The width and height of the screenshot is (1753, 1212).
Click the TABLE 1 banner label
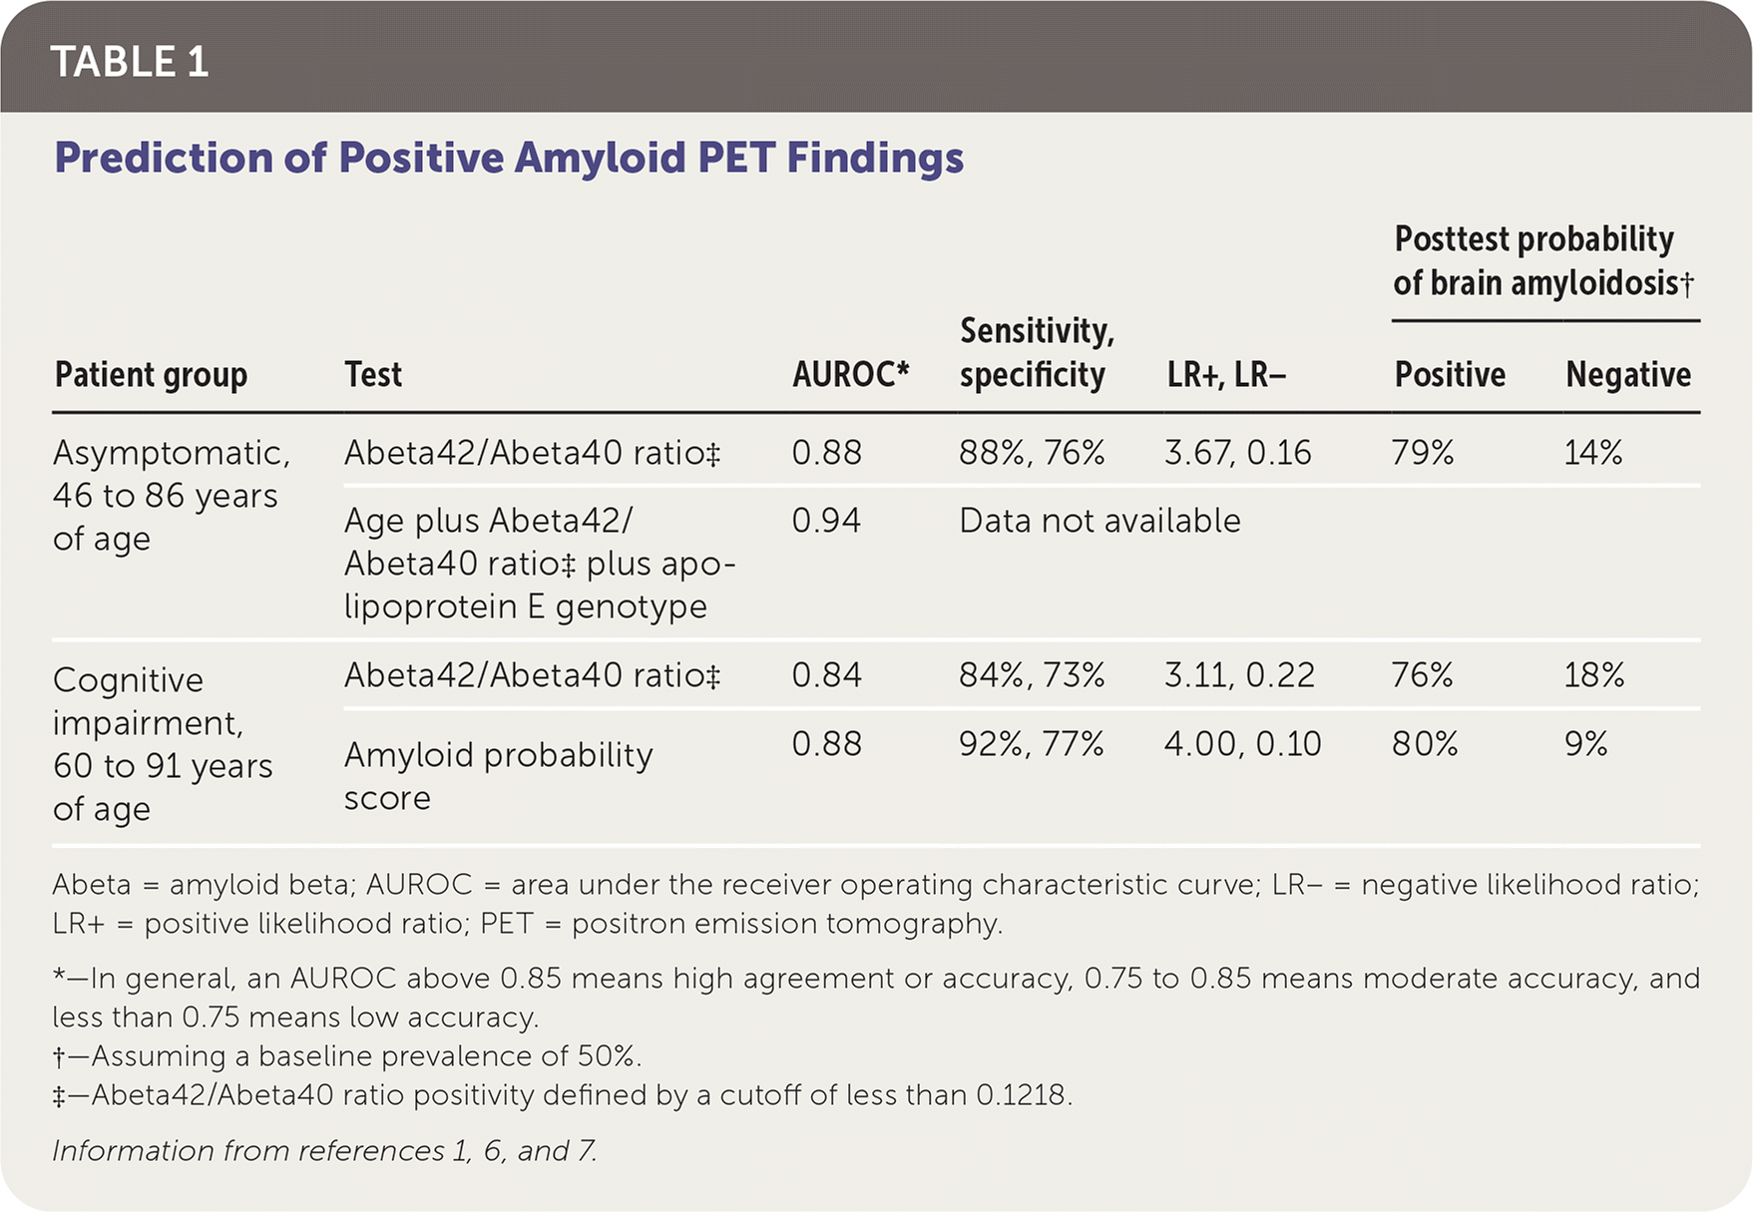pyautogui.click(x=130, y=62)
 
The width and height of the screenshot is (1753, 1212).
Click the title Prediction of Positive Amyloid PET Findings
pyautogui.click(x=509, y=158)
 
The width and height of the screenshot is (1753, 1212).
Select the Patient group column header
pyautogui.click(x=151, y=375)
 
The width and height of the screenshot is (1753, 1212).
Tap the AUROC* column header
pyautogui.click(x=850, y=375)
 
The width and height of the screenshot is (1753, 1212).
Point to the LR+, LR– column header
pyautogui.click(x=1226, y=375)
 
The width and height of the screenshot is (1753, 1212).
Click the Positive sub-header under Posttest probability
pyautogui.click(x=1450, y=375)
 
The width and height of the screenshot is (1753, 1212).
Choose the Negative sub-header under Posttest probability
pyautogui.click(x=1627, y=375)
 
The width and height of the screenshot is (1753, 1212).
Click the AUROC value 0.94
pyautogui.click(x=826, y=521)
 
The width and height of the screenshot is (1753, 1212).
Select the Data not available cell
pyautogui.click(x=1099, y=521)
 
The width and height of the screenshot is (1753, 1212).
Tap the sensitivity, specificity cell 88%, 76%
pyautogui.click(x=1032, y=453)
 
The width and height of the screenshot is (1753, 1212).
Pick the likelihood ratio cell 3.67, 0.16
pyautogui.click(x=1237, y=453)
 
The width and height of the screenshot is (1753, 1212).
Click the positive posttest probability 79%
pyautogui.click(x=1423, y=453)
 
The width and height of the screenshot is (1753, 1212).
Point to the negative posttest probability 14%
pyautogui.click(x=1593, y=453)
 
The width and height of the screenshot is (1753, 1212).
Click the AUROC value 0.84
pyautogui.click(x=826, y=675)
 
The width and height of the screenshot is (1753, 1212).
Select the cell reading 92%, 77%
pyautogui.click(x=1032, y=744)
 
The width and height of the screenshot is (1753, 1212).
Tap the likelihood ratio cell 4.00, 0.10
pyautogui.click(x=1242, y=744)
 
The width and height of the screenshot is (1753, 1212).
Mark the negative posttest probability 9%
pyautogui.click(x=1585, y=744)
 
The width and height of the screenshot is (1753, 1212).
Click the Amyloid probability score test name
pyautogui.click(x=498, y=776)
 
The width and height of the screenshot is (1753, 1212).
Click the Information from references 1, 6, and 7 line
pyautogui.click(x=324, y=1151)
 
